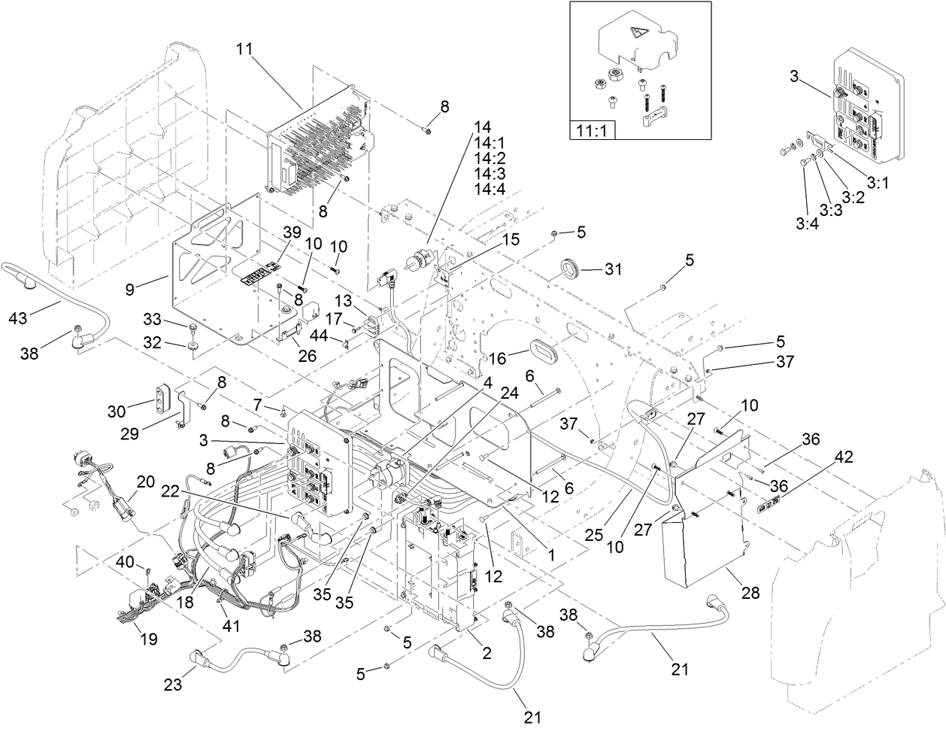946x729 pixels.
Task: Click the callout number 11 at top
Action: (244, 49)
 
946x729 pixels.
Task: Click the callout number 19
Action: (148, 639)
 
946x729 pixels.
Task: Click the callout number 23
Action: (172, 685)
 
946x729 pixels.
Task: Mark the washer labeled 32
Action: (194, 346)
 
